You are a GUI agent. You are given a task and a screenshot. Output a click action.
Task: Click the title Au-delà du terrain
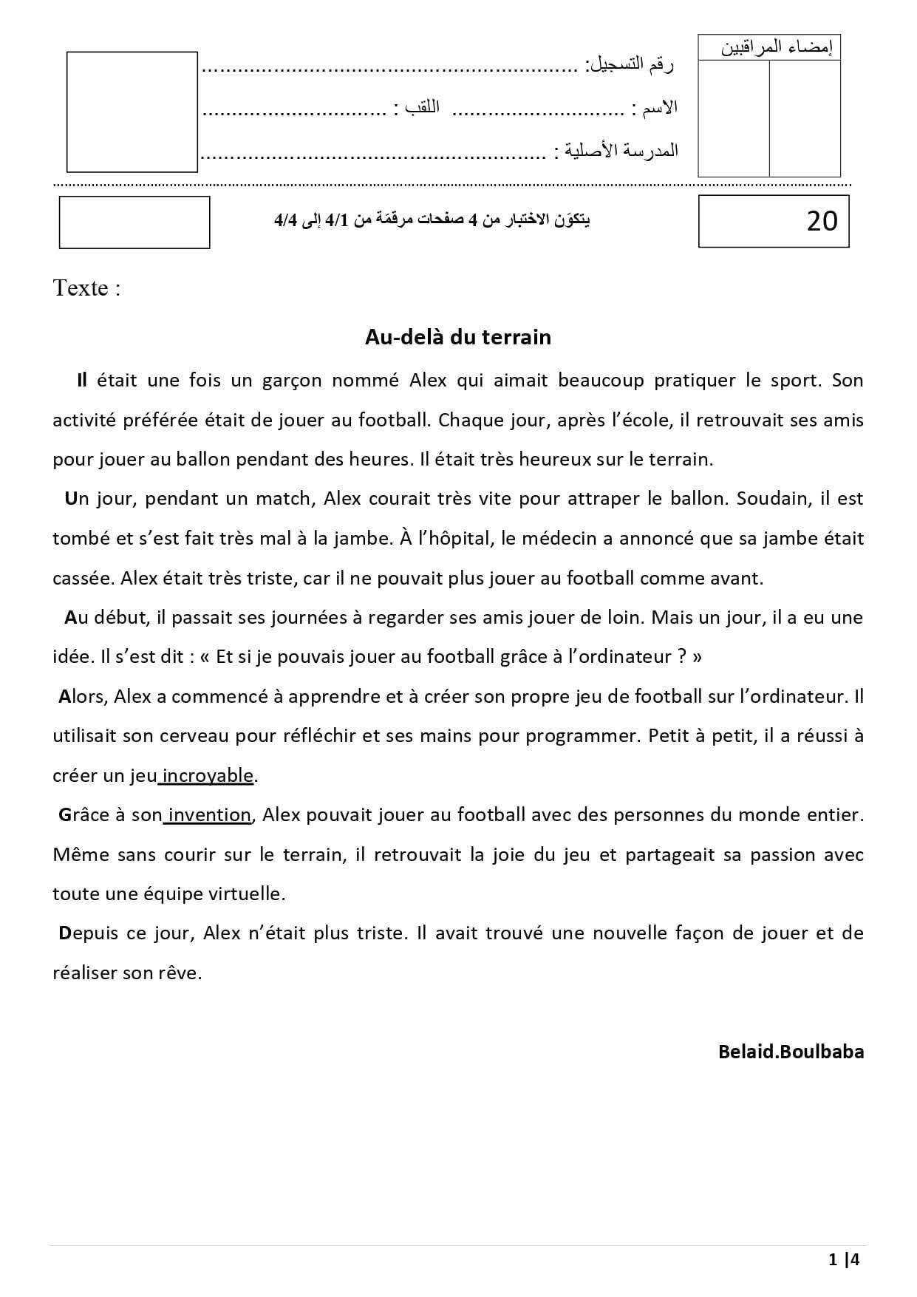457,337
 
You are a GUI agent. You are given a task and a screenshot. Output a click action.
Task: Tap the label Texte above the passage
86,287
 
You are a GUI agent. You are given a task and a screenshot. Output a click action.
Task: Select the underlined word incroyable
208,775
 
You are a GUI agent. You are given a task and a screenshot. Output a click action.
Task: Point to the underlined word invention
210,814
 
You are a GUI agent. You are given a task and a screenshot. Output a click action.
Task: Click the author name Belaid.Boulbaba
791,1051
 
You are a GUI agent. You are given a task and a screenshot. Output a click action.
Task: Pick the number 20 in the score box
822,221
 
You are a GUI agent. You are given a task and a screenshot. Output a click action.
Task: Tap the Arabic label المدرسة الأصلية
621,151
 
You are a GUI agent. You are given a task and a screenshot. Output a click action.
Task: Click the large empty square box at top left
132,111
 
